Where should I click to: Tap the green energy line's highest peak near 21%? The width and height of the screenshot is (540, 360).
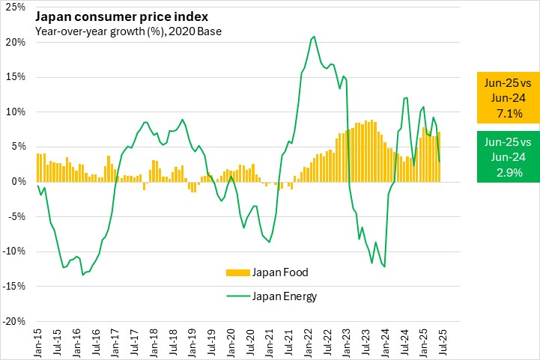click(313, 36)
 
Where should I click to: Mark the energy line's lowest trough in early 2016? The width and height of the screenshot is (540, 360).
click(82, 275)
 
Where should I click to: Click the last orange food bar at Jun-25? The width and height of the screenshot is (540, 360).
click(439, 156)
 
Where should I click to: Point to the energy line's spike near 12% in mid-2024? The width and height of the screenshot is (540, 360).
click(406, 97)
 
